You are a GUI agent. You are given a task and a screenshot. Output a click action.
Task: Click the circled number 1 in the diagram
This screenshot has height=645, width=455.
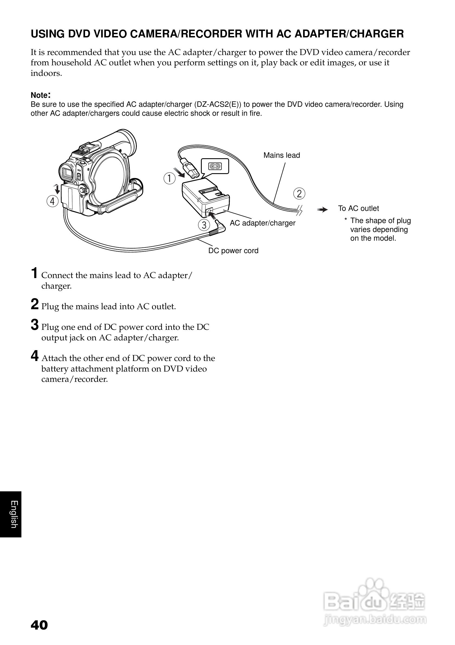170,178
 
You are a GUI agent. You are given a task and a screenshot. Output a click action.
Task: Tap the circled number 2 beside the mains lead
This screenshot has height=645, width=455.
299,194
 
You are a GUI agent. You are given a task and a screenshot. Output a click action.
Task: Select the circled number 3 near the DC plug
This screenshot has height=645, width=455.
204,225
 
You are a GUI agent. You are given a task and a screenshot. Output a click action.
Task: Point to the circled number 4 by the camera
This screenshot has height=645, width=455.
53,201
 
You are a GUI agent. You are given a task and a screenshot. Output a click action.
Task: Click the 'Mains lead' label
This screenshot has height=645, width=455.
282,155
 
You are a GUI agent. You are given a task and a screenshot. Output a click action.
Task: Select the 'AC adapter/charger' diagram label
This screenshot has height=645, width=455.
262,223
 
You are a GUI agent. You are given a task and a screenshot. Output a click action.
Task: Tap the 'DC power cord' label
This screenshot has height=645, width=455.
233,251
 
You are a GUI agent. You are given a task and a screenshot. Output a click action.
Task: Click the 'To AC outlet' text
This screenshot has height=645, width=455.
358,208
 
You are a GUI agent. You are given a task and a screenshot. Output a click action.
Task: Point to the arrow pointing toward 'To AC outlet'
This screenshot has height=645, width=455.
323,209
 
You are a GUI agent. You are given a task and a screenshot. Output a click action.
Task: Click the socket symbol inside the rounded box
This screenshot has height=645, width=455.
215,166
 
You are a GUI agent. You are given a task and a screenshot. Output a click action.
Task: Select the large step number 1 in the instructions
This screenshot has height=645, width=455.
34,273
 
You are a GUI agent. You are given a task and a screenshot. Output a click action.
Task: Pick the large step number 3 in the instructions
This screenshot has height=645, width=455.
34,325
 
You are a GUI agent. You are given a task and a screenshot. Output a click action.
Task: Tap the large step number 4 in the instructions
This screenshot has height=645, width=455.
34,356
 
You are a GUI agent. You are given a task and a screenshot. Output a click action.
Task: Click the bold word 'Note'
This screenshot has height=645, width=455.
40,95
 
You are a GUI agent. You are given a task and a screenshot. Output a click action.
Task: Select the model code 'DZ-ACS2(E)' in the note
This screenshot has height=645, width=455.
217,105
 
